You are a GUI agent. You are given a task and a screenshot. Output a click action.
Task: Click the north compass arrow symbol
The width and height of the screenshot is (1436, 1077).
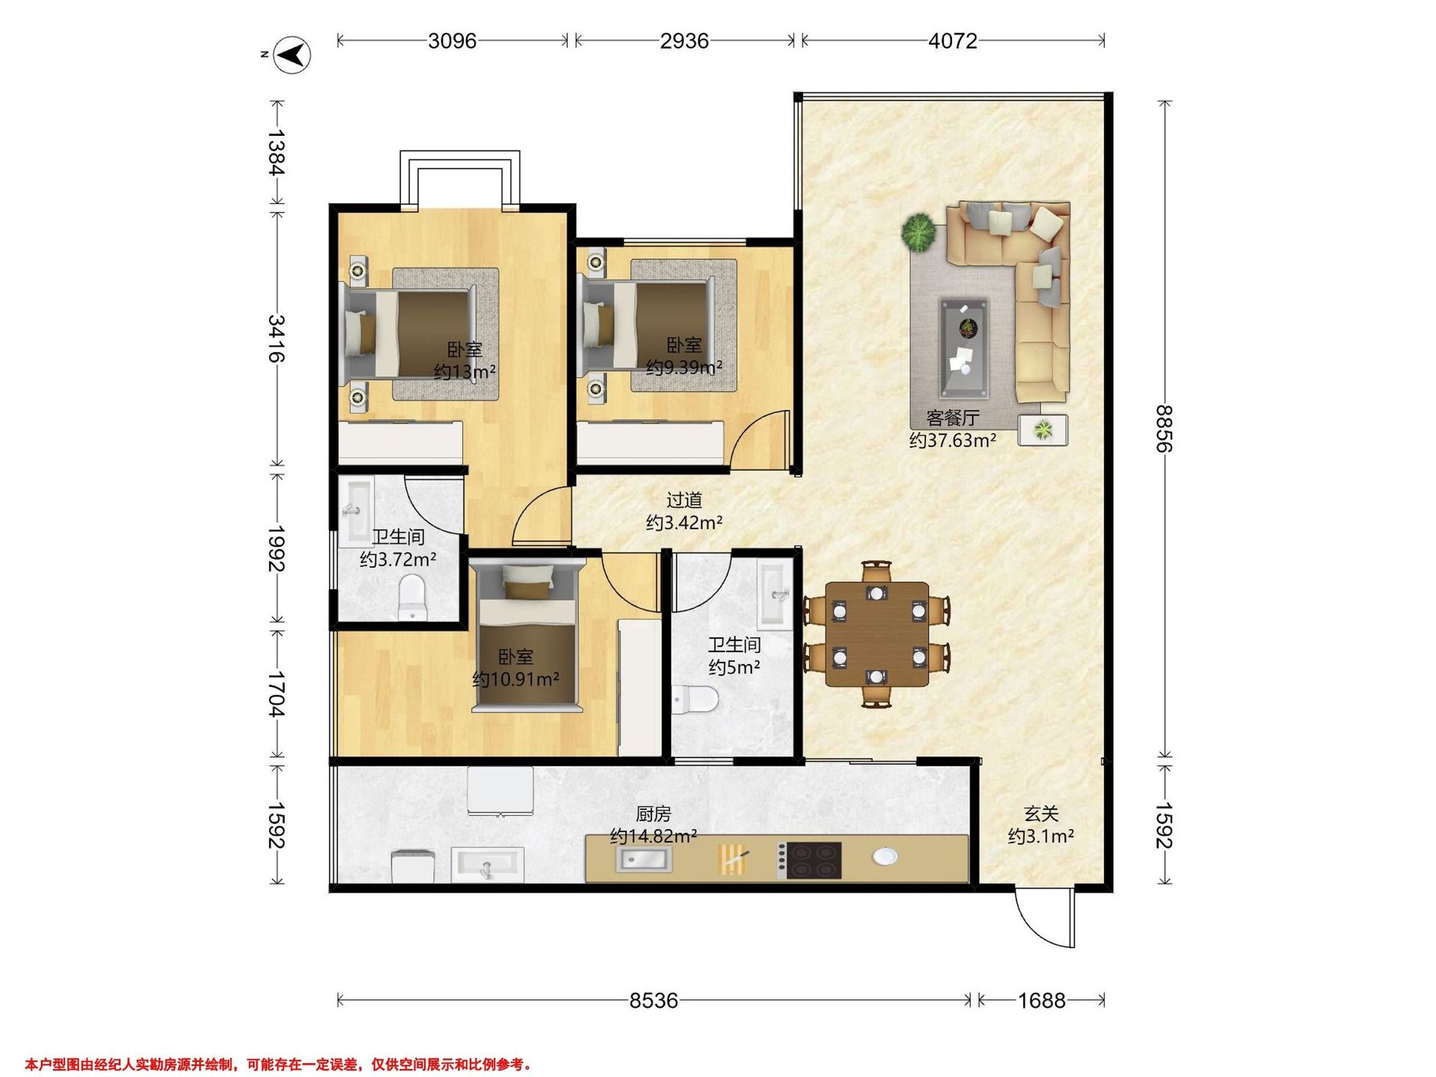(x=291, y=54)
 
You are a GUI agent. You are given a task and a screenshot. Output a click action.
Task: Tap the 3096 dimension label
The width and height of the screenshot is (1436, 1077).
(x=452, y=41)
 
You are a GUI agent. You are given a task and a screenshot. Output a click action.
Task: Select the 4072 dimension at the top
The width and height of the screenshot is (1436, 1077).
(x=953, y=41)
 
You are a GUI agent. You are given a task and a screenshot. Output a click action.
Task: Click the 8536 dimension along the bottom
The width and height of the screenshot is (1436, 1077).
(x=654, y=1000)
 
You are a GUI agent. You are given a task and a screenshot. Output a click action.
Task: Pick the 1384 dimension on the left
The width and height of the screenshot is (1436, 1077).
(x=277, y=153)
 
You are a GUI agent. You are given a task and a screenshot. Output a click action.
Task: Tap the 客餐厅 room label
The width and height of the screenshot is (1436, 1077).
(x=953, y=418)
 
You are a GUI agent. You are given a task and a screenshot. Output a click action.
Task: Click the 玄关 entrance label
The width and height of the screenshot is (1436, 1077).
(x=1041, y=813)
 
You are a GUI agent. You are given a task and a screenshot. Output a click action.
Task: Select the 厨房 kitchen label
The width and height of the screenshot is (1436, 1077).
(x=653, y=813)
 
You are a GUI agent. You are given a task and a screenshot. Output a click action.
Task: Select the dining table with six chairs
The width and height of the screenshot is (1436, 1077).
(x=877, y=634)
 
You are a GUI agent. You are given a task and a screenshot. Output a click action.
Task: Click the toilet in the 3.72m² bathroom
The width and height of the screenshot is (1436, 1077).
(x=412, y=597)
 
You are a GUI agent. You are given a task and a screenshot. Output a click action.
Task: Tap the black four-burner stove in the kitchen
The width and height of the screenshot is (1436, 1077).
(x=809, y=861)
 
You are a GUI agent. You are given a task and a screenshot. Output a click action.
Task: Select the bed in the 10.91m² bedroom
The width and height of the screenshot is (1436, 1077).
(x=527, y=638)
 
